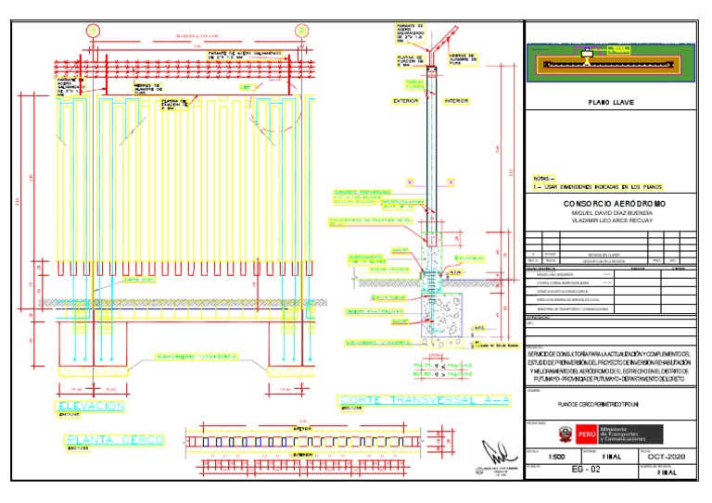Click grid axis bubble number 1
[93, 31]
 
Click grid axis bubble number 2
[301, 31]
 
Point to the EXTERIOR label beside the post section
[406, 100]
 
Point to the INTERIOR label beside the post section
[457, 100]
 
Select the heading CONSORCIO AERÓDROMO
[615, 203]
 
